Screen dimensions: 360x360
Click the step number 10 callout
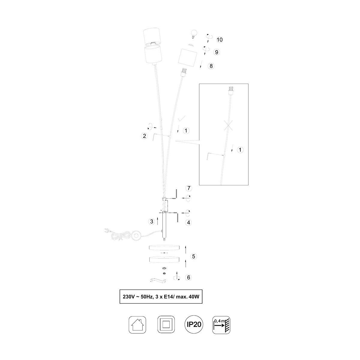[x=220, y=40]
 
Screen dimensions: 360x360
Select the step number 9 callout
[x=217, y=52]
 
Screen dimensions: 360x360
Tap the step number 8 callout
[x=211, y=66]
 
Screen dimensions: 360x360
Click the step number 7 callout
[x=189, y=188]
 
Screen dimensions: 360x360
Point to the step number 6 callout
[x=188, y=283]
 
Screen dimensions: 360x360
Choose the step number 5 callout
[x=193, y=256]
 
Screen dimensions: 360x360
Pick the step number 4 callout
[x=188, y=223]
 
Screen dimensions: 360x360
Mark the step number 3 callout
[x=152, y=222]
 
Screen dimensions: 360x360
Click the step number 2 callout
[x=144, y=136]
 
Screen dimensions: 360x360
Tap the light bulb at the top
[x=194, y=34]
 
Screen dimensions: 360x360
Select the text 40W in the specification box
[x=194, y=297]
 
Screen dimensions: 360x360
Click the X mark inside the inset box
[x=229, y=125]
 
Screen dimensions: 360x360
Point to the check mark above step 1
[x=181, y=118]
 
